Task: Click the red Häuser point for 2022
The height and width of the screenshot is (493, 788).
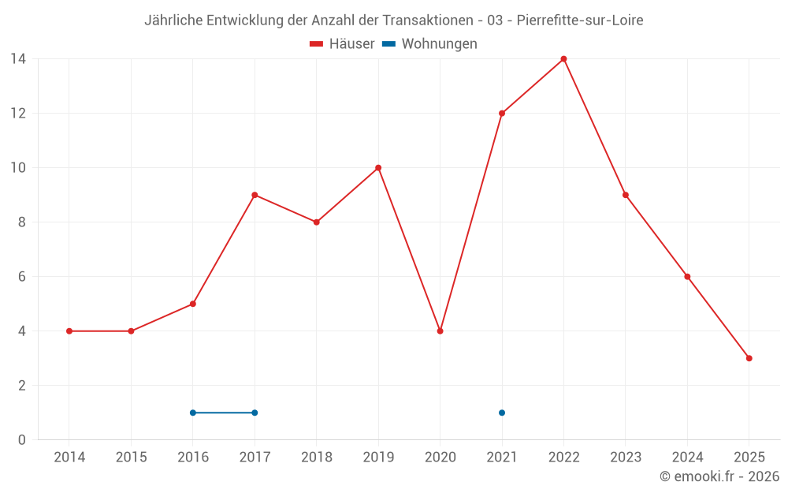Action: pos(563,58)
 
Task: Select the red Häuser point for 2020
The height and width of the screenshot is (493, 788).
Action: pos(440,331)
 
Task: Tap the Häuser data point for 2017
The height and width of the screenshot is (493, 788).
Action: pos(255,195)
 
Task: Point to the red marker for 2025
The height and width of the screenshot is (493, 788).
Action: pos(749,358)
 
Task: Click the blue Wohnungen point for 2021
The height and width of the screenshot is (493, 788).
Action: pos(502,413)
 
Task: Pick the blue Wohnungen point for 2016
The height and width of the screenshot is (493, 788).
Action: pos(193,413)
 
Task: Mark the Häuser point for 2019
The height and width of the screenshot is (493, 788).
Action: pos(378,167)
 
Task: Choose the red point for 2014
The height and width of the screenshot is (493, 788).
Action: pos(69,331)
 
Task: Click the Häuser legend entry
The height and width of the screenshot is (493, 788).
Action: pos(342,44)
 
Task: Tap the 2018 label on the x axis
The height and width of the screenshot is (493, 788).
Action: pos(316,458)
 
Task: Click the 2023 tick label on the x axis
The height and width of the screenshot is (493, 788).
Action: pos(626,458)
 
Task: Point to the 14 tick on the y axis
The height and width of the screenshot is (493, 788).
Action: pos(18,58)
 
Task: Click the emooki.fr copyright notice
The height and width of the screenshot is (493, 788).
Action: pos(719,476)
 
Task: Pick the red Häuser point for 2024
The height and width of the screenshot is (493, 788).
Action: pos(687,277)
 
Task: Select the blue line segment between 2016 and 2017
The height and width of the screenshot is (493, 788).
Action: pos(224,413)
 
